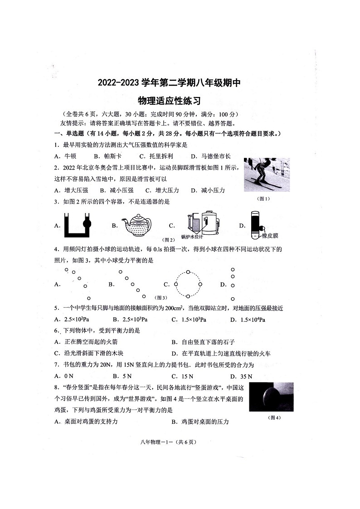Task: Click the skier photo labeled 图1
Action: click(266, 175)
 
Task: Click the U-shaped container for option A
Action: click(78, 224)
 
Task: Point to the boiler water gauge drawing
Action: click(202, 222)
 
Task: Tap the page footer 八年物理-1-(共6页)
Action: click(169, 442)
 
